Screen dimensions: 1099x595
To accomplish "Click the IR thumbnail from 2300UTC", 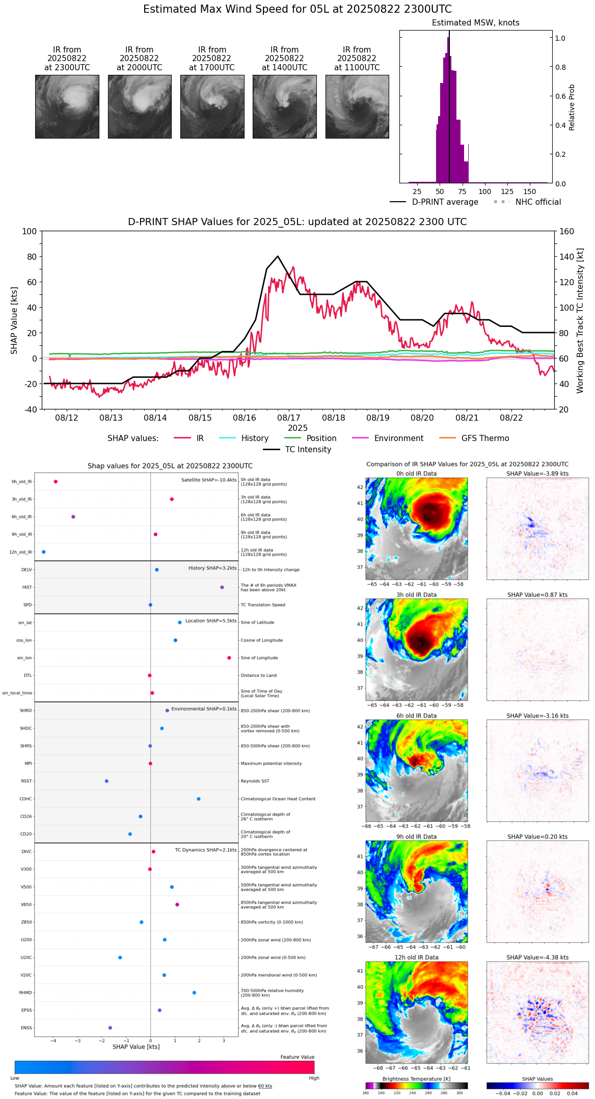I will [x=67, y=106].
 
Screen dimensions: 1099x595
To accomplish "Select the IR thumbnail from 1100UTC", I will [x=357, y=106].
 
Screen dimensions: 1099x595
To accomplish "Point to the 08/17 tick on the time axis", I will [x=289, y=418].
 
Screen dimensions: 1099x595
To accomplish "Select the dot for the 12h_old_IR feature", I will [x=44, y=552].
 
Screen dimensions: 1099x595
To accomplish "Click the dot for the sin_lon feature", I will [x=229, y=658].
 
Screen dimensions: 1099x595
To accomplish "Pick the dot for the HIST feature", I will [x=222, y=587].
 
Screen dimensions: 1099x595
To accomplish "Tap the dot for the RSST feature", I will [x=106, y=781].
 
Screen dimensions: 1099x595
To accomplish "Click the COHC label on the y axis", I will [x=26, y=799].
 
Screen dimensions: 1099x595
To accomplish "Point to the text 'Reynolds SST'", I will [x=255, y=781].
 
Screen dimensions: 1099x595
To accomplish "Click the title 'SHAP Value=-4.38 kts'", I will [x=537, y=957].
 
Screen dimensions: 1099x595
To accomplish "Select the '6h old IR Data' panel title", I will [x=416, y=716].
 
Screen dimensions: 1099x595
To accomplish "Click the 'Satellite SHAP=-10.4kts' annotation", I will [x=209, y=480].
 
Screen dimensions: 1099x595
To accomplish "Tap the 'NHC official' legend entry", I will [x=538, y=202].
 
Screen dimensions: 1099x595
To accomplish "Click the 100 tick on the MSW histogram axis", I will [x=485, y=191].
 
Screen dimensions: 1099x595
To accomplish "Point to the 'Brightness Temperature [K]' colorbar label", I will [x=416, y=1079].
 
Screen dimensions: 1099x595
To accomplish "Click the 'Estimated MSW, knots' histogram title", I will [x=476, y=23].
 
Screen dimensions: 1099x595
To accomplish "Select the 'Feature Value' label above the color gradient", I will [x=297, y=1057].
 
